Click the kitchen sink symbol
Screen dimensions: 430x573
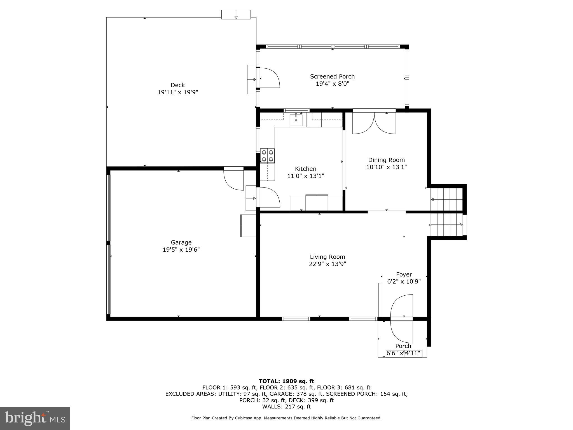click(x=296, y=120)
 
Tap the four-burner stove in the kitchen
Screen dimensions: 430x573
click(x=267, y=156)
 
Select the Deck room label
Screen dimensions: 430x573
click(x=177, y=85)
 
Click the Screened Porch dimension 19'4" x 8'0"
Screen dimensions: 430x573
click(x=332, y=84)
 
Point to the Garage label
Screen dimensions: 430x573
click(x=181, y=242)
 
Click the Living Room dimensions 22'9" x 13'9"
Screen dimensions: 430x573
click(x=328, y=264)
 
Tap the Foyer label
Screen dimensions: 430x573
click(x=404, y=275)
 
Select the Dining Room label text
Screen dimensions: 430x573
click(x=386, y=160)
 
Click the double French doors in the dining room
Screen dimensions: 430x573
click(x=374, y=123)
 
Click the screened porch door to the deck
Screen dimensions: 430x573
click(x=269, y=78)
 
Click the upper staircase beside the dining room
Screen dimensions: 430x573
click(x=446, y=199)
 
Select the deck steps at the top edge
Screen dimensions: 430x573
click(x=236, y=15)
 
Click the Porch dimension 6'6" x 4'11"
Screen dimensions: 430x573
click(x=404, y=353)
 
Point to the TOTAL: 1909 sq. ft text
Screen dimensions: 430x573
click(x=286, y=381)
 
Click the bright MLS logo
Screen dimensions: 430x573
click(x=35, y=419)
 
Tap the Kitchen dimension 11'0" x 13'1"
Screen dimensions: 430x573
click(x=305, y=176)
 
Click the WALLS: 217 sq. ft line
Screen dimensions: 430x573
click(x=286, y=406)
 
